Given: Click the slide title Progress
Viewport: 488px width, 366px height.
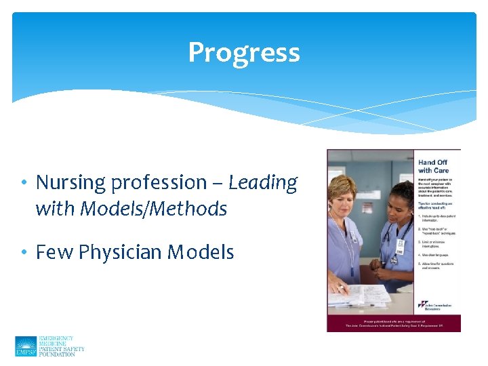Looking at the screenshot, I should (x=244, y=52).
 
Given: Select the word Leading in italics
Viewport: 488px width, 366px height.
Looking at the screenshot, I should (x=263, y=183).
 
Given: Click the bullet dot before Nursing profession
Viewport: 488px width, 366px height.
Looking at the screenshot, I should (x=24, y=183).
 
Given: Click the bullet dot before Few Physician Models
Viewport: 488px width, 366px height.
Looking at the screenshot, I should (x=24, y=253).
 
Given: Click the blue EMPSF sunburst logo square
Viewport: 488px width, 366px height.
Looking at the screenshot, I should (x=26, y=346).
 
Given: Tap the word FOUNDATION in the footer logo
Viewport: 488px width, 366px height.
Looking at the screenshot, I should (x=61, y=354).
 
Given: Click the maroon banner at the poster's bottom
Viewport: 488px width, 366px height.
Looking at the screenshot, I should (x=393, y=323).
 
